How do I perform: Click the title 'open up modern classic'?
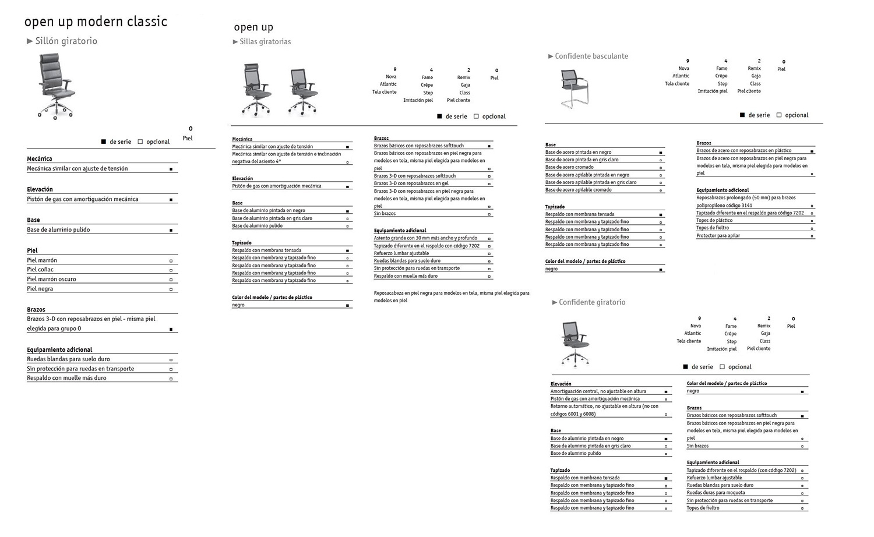click(96, 22)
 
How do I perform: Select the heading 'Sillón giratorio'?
click(66, 41)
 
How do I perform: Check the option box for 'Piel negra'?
click(171, 289)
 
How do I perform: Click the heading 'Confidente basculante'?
click(591, 56)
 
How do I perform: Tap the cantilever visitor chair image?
click(574, 88)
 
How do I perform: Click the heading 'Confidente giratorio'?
click(592, 302)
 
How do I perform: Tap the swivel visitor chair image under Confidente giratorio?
click(575, 343)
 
